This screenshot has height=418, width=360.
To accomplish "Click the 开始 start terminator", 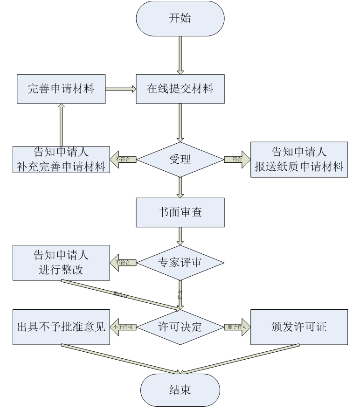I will [180, 20].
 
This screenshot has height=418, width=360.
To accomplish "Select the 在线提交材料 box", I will [180, 89].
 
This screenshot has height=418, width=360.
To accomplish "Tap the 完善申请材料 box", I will [61, 89].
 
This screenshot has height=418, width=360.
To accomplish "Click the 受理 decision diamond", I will [180, 159].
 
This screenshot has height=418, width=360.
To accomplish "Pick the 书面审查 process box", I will [180, 212].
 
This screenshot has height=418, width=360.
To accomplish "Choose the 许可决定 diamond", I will [180, 327].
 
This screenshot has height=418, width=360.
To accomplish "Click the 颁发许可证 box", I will [299, 327].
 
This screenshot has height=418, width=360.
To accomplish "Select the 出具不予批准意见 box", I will [61, 327].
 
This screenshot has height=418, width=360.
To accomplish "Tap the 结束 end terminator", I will [180, 390].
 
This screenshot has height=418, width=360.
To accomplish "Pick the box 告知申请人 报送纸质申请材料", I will [299, 159].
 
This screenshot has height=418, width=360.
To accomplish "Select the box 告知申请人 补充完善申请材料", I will [61, 159].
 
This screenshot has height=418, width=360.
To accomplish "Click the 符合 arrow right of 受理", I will [236, 159].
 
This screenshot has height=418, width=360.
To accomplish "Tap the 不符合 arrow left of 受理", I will [123, 159].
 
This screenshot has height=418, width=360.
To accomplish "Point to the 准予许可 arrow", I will [236, 327].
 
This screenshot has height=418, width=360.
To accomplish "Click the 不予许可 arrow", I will [123, 327].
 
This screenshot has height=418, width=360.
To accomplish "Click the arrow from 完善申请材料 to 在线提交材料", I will [120, 89].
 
